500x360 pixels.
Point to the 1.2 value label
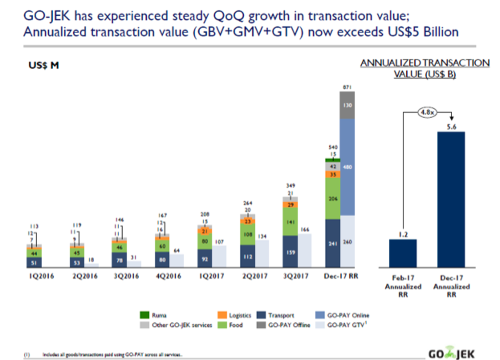point(403,234)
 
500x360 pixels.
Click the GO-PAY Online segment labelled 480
point(347,167)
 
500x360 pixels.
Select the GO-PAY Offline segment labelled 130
point(347,105)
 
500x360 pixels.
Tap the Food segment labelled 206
point(333,199)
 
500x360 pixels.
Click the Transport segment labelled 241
point(333,243)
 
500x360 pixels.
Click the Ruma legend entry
point(154,316)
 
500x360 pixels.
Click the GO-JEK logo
point(450,352)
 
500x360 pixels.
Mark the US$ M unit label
point(44,65)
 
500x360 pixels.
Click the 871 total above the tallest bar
point(347,86)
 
